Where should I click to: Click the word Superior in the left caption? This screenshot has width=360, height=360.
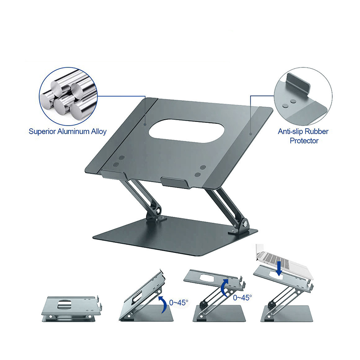click(42, 131)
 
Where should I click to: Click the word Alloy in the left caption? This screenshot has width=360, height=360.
click(99, 132)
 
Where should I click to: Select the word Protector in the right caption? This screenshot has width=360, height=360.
click(304, 140)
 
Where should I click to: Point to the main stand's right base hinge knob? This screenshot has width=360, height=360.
click(245, 223)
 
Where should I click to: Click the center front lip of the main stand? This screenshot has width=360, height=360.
click(175, 183)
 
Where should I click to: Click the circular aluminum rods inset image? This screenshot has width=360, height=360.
click(68, 97)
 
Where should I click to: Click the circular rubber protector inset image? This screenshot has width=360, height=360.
click(303, 96)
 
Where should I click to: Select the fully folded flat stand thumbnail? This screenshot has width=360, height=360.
click(72, 308)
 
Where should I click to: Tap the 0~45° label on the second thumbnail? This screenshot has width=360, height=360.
click(179, 302)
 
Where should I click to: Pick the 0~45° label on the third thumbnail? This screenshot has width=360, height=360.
click(243, 297)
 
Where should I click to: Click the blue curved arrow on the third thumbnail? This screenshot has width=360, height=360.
click(225, 288)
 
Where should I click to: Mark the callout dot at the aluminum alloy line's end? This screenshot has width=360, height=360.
click(145, 125)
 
